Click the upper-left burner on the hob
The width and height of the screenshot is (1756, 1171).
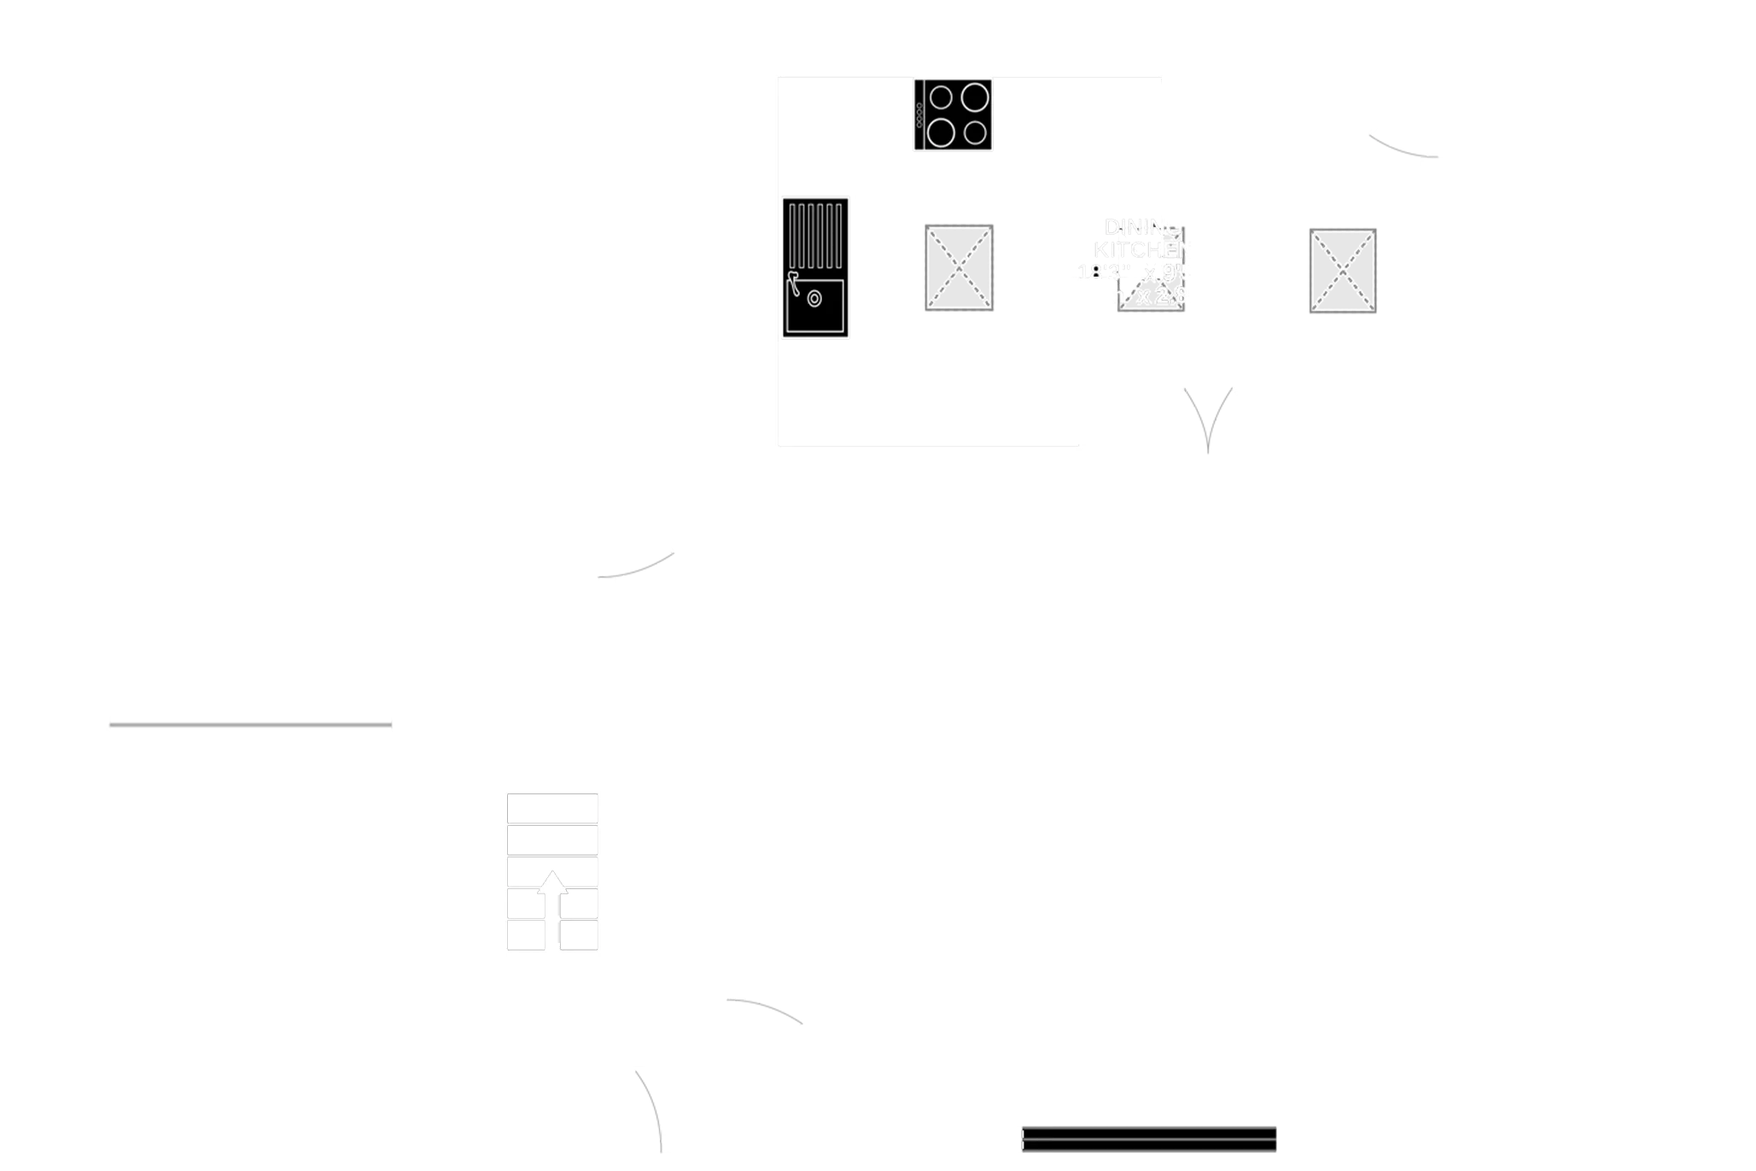[941, 98]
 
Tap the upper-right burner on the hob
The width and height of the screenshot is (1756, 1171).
[975, 97]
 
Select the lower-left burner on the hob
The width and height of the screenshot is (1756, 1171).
[941, 132]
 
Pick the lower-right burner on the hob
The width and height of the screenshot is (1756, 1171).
[976, 133]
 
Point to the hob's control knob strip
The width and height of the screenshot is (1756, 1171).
[920, 115]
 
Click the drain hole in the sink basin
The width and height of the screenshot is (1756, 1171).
[814, 299]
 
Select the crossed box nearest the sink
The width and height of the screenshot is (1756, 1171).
[960, 266]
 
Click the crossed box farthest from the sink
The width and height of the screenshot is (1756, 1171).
[1341, 270]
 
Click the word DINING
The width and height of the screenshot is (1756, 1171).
[1143, 227]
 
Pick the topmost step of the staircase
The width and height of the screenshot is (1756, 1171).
[552, 808]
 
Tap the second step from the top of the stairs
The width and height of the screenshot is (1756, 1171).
[552, 840]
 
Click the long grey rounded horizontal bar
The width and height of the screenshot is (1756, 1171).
[251, 724]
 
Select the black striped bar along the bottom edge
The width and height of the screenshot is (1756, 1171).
[1149, 1138]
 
